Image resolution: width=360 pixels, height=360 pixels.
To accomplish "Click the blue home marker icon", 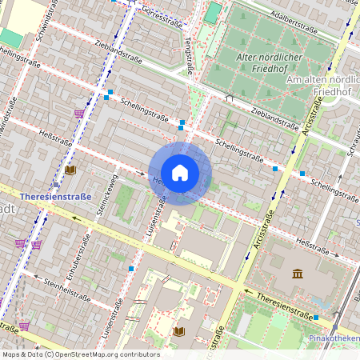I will [180, 173].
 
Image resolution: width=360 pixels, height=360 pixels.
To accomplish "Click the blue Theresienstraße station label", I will [55, 195].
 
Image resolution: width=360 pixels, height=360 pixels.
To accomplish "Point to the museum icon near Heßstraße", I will [298, 274].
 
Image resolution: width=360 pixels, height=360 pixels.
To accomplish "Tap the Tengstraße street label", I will [189, 58].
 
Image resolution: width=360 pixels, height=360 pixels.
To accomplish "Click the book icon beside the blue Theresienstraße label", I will [70, 170].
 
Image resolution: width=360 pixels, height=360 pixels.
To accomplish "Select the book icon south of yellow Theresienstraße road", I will [178, 330].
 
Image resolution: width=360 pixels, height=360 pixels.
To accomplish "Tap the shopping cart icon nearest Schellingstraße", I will [79, 114].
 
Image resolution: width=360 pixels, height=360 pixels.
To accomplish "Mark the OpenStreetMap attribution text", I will [80, 354].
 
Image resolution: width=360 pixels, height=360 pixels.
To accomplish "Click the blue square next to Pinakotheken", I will [317, 318].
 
